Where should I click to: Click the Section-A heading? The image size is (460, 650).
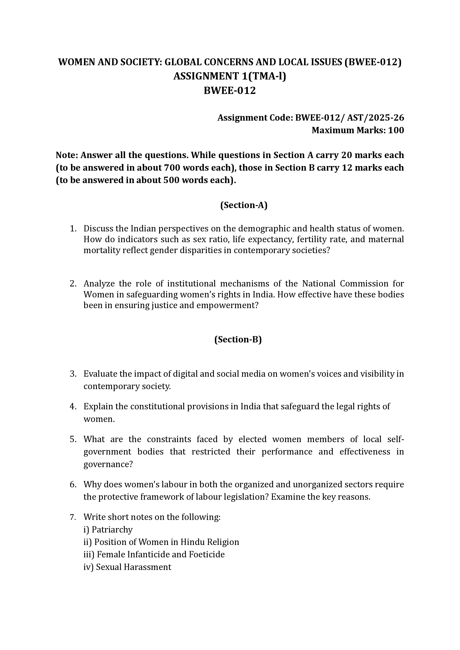(x=244, y=205)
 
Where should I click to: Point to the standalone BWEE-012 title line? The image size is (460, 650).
(x=230, y=91)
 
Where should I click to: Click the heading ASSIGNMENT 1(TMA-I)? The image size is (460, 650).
(x=230, y=76)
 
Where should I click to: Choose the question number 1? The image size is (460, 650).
(x=73, y=228)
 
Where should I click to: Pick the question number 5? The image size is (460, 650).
(x=73, y=439)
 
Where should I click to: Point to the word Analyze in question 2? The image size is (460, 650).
(x=99, y=283)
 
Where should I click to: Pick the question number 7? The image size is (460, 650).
(x=73, y=517)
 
